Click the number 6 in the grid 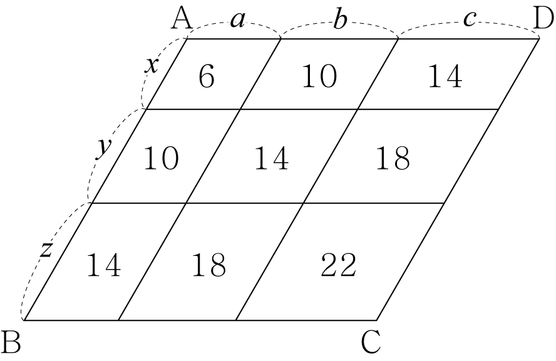[x=207, y=76]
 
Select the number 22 [x=338, y=265]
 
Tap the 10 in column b [x=319, y=76]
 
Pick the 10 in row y [x=161, y=158]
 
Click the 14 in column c [x=445, y=76]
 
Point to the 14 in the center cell [x=272, y=158]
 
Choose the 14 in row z [x=103, y=265]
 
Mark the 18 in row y [x=393, y=158]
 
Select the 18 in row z [x=209, y=265]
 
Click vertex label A [x=182, y=19]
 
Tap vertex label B [x=11, y=342]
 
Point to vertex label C [x=371, y=342]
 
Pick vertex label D [x=543, y=19]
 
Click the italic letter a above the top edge [x=237, y=21]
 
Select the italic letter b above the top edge [x=339, y=18]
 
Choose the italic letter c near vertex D [x=470, y=19]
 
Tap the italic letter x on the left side [x=152, y=66]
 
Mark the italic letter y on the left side [x=103, y=148]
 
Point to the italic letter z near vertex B [x=46, y=250]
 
